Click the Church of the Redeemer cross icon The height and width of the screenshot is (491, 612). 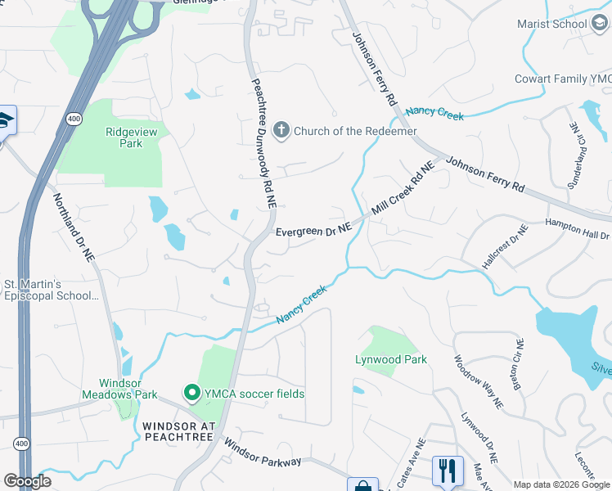pos(281,131)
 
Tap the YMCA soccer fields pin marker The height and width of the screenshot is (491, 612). pos(192,394)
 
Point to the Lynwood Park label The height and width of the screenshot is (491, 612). pos(391,359)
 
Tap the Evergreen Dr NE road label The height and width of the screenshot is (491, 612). pos(313,232)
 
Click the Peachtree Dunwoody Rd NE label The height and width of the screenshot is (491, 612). pos(259,148)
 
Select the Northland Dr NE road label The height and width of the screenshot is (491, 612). pos(75,227)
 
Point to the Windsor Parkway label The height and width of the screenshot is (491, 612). pos(262,456)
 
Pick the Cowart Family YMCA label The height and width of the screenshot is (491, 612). pos(562,79)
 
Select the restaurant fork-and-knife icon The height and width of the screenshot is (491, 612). pos(447,471)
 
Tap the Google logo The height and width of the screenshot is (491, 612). pos(27,481)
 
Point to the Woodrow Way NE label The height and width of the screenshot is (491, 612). pos(479,381)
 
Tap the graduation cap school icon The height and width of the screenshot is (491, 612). pos(5,120)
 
